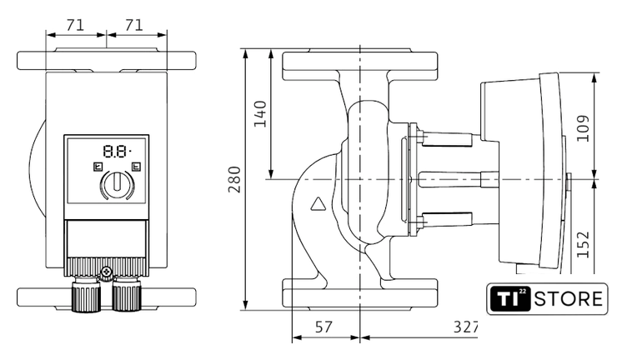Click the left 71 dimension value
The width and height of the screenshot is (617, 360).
tap(75, 25)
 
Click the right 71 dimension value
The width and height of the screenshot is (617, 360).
tap(136, 25)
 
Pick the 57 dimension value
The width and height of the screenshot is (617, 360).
tap(324, 327)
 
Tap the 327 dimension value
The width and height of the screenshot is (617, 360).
tap(464, 327)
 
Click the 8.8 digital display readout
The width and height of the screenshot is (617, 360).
tap(116, 152)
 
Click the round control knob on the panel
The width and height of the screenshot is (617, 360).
tap(116, 185)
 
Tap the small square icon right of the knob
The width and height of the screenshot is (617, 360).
tap(136, 166)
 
